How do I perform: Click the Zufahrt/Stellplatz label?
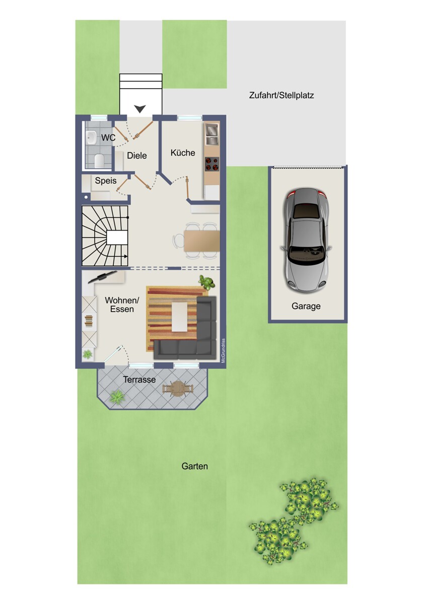click(281, 96)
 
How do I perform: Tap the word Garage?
click(306, 306)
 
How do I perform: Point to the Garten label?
click(194, 466)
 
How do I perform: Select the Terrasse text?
click(139, 380)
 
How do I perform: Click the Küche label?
click(183, 153)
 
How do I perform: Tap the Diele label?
click(137, 156)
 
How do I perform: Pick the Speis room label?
click(106, 180)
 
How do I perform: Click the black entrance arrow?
click(140, 109)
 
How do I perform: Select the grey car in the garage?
click(306, 241)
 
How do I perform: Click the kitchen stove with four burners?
click(212, 164)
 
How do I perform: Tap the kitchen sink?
click(212, 134)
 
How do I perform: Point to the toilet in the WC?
click(99, 160)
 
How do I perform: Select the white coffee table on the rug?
click(180, 317)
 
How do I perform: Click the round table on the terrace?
click(178, 389)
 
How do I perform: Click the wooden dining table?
click(202, 241)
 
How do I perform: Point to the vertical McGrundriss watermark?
click(223, 350)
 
